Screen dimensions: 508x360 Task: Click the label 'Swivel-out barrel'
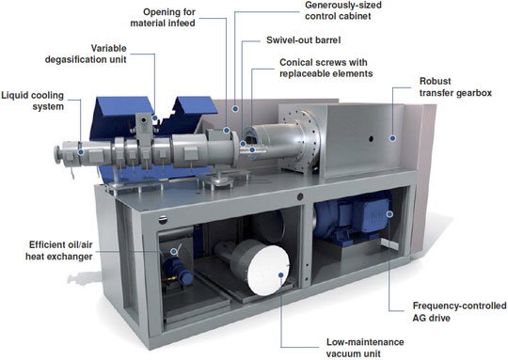pyautogui.click(x=303, y=40)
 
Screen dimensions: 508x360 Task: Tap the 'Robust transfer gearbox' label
pyautogui.click(x=455, y=86)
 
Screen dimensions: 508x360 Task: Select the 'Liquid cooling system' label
pyautogui.click(x=33, y=101)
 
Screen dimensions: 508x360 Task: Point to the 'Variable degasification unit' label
pyautogui.click(x=86, y=54)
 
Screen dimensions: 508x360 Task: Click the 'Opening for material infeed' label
pyautogui.click(x=163, y=18)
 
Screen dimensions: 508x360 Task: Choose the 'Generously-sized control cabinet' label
pyautogui.click(x=343, y=10)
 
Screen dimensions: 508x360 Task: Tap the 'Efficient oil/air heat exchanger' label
pyautogui.click(x=59, y=250)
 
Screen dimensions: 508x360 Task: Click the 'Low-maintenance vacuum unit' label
pyautogui.click(x=365, y=348)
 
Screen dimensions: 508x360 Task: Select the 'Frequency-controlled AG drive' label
pyautogui.click(x=459, y=312)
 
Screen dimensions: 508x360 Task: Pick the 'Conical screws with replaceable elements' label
pyautogui.click(x=325, y=68)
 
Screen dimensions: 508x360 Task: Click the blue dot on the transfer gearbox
pyautogui.click(x=392, y=138)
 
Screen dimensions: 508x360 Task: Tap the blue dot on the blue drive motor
pyautogui.click(x=389, y=214)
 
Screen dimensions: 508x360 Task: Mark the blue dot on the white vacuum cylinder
pyautogui.click(x=281, y=274)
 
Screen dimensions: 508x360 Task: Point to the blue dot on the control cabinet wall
pyautogui.click(x=235, y=109)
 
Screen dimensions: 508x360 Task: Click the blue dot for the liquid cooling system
pyautogui.click(x=81, y=152)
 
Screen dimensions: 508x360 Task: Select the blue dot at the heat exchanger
pyautogui.click(x=174, y=251)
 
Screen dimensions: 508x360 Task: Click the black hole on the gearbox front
pyautogui.click(x=371, y=139)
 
